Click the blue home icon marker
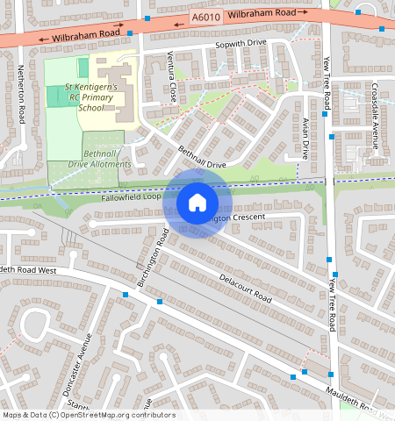click(x=197, y=203)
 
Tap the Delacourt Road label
click(x=246, y=289)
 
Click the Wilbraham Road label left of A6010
click(x=85, y=34)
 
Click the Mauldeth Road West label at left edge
click(x=28, y=270)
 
